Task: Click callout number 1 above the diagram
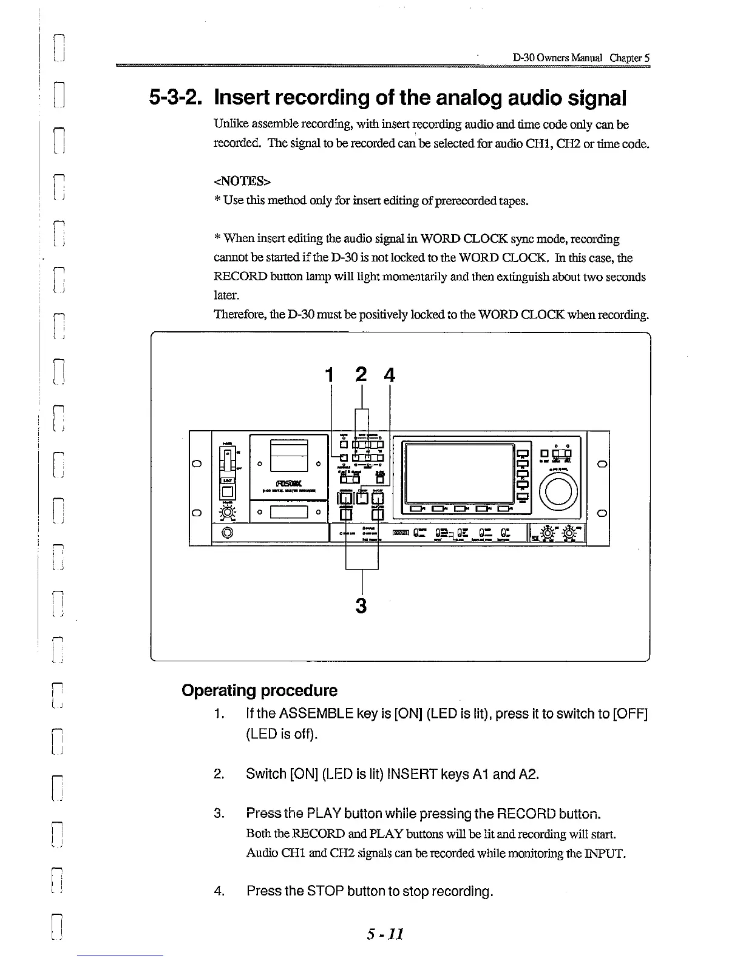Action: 330,376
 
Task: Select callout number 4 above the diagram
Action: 389,376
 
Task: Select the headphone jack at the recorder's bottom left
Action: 228,533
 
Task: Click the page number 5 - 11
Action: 385,933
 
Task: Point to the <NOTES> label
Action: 242,181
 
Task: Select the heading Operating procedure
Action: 259,690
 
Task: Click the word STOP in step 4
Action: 327,891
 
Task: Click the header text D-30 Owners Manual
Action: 558,58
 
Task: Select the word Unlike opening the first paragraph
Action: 229,124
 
